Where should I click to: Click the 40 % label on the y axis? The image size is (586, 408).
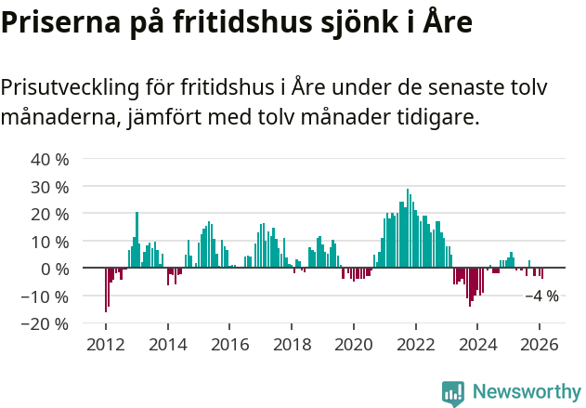point(49,159)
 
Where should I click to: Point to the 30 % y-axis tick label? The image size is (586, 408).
point(49,187)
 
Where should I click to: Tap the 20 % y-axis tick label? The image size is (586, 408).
point(49,214)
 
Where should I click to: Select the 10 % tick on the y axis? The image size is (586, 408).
point(49,242)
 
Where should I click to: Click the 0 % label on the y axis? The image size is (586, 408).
point(54,269)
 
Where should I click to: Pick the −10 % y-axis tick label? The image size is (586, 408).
point(46,296)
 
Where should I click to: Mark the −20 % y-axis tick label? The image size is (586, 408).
point(46,324)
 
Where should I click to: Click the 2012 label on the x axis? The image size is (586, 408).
point(106,344)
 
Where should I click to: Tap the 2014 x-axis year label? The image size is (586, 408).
point(168,344)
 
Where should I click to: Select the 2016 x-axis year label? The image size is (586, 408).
point(229,344)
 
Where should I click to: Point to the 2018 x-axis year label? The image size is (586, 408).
point(292,344)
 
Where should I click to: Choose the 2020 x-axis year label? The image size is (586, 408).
point(353,344)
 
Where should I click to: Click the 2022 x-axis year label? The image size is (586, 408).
point(415,344)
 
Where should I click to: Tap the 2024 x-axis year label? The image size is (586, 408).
point(477,344)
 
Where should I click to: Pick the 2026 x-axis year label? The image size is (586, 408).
point(539,344)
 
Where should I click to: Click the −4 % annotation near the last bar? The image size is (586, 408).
point(542,296)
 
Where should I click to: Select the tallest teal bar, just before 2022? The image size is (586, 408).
point(408,228)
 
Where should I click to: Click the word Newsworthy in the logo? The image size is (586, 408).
point(526,391)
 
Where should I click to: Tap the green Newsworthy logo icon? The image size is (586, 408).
point(453,393)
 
